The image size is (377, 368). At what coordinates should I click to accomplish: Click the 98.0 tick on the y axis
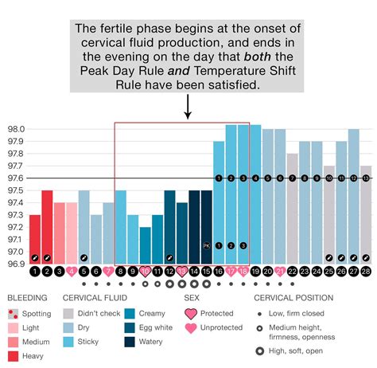(15, 129)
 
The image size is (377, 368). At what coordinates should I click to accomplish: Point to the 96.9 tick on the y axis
(15, 264)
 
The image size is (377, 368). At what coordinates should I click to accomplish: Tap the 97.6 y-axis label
(15, 178)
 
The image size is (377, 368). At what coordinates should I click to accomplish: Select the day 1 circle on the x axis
(34, 272)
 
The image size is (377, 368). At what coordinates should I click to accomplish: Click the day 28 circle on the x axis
(366, 272)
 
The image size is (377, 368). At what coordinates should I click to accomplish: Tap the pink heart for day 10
(145, 272)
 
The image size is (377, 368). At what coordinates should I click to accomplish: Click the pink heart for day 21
(280, 272)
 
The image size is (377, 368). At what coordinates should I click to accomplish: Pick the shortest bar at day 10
(145, 245)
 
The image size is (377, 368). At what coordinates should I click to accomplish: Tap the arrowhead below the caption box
(188, 116)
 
